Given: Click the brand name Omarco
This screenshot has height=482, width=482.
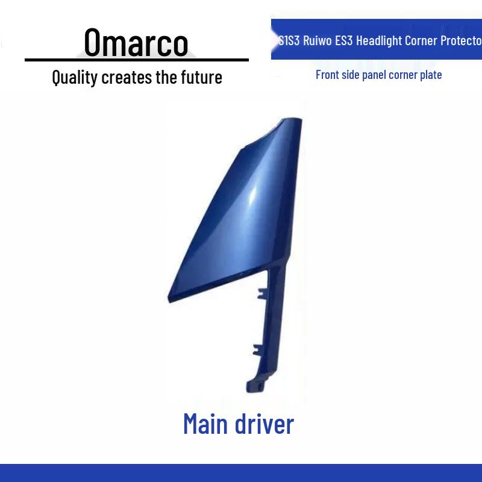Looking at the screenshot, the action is (x=136, y=42).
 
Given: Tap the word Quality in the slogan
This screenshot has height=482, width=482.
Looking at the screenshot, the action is (x=75, y=78).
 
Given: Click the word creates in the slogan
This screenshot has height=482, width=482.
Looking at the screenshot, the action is (x=127, y=78).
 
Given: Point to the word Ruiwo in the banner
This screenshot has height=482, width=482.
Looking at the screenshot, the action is (x=317, y=40).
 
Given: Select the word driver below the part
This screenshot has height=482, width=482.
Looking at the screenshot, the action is (x=264, y=424).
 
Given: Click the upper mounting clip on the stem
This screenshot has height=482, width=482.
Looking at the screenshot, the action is (x=262, y=293).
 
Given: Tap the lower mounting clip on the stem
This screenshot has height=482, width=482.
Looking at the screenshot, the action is (x=258, y=350).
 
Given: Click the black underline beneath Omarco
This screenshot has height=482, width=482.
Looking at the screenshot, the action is (x=137, y=60).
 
